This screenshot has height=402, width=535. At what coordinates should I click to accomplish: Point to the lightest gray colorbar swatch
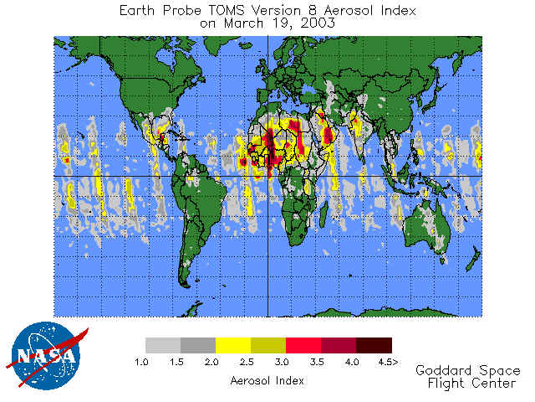click(163, 344)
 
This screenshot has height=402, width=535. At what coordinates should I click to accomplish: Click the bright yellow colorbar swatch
click(233, 344)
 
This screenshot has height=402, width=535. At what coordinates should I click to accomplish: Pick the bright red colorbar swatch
click(303, 344)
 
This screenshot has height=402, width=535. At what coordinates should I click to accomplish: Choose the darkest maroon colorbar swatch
click(374, 344)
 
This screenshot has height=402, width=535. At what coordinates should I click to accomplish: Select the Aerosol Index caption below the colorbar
click(267, 380)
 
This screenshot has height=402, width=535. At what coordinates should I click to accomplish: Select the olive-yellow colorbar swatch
click(268, 344)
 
